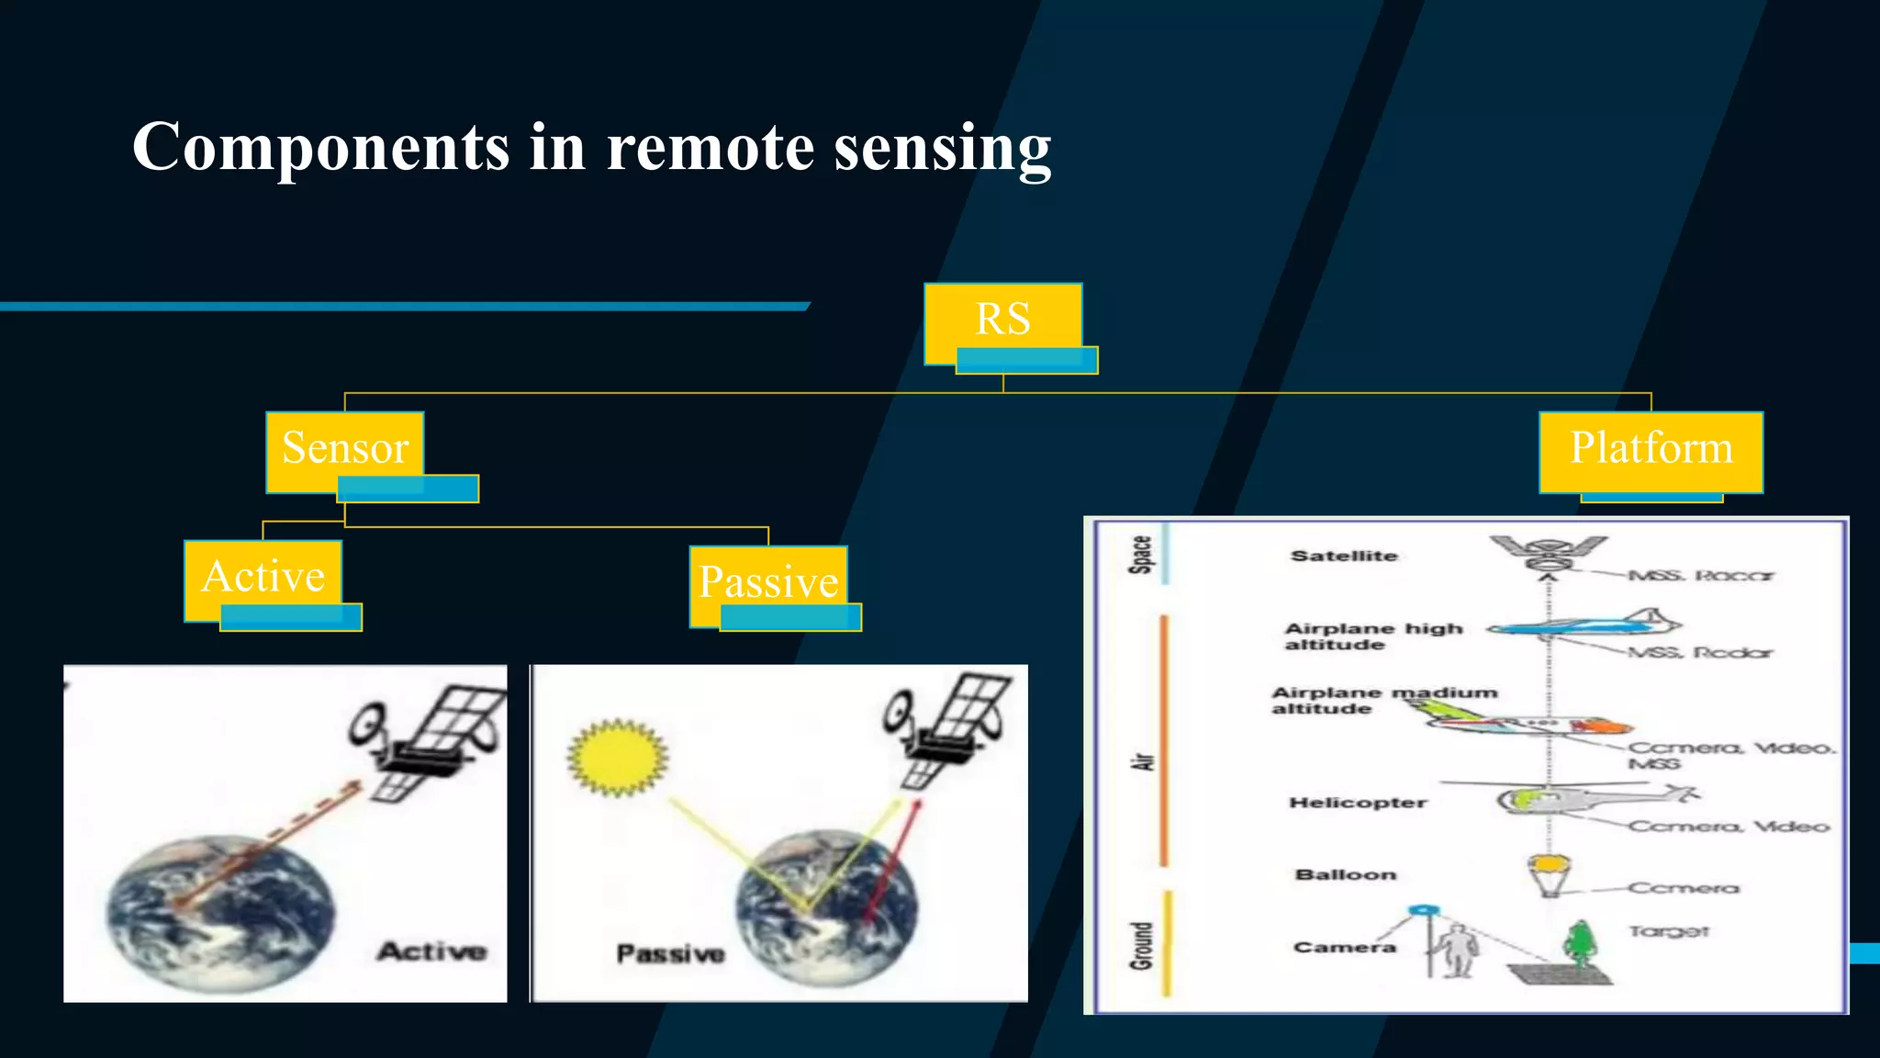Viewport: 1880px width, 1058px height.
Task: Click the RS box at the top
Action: click(x=1003, y=320)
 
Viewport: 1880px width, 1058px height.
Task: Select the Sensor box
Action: click(x=345, y=448)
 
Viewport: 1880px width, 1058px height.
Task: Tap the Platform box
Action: click(x=1651, y=449)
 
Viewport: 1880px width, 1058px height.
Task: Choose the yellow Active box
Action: click(x=263, y=578)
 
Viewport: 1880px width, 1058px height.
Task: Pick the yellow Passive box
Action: click(x=768, y=583)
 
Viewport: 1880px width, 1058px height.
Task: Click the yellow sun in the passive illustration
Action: click(x=617, y=757)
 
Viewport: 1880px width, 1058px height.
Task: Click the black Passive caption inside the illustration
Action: click(x=670, y=954)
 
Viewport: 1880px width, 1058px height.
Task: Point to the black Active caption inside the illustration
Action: click(x=431, y=951)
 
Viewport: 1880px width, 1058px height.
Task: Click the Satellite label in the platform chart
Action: click(x=1344, y=556)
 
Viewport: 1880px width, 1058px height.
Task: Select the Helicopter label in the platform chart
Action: click(x=1358, y=803)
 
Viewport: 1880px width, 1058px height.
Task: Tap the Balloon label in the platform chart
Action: click(x=1346, y=874)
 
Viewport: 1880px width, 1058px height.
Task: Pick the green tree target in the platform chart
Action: click(x=1580, y=943)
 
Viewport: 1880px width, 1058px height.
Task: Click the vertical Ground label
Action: click(x=1141, y=945)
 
